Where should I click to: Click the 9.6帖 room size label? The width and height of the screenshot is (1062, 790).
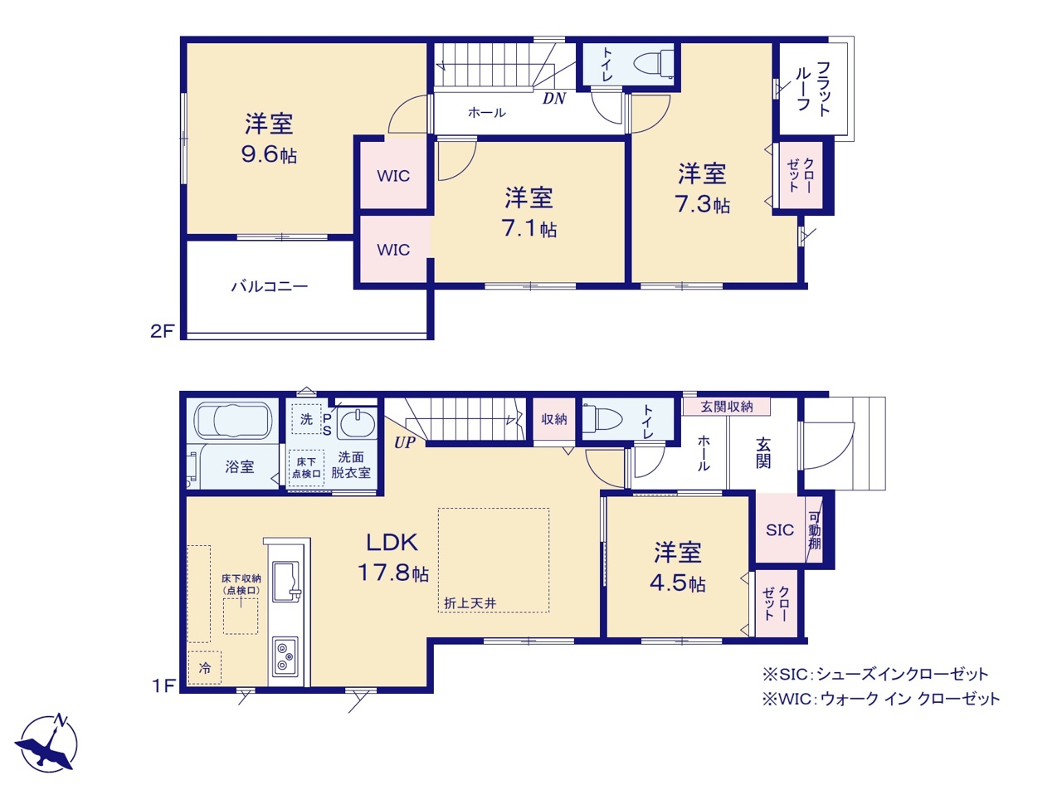click(269, 154)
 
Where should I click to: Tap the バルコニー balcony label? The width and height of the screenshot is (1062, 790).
click(270, 286)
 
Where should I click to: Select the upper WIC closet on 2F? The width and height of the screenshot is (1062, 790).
click(393, 176)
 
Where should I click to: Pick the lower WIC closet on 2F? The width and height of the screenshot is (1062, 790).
click(393, 250)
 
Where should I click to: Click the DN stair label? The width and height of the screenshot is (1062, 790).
click(554, 98)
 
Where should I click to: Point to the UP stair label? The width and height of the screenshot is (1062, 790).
click(405, 442)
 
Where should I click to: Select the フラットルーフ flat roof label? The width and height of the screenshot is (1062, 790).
click(813, 88)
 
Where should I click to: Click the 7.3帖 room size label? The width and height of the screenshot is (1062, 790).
click(702, 205)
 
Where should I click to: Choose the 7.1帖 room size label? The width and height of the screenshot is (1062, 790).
click(529, 228)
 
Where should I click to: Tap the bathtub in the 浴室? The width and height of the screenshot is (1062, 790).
click(233, 421)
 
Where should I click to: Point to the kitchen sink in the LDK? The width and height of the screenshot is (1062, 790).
click(286, 582)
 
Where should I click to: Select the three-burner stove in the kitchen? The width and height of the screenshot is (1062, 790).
click(285, 656)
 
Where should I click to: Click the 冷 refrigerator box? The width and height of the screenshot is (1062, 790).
click(204, 667)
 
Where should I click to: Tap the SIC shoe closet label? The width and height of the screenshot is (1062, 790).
click(780, 530)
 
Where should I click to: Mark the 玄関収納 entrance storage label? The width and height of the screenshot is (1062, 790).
click(726, 407)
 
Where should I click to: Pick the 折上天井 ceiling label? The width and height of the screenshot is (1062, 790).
click(470, 603)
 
